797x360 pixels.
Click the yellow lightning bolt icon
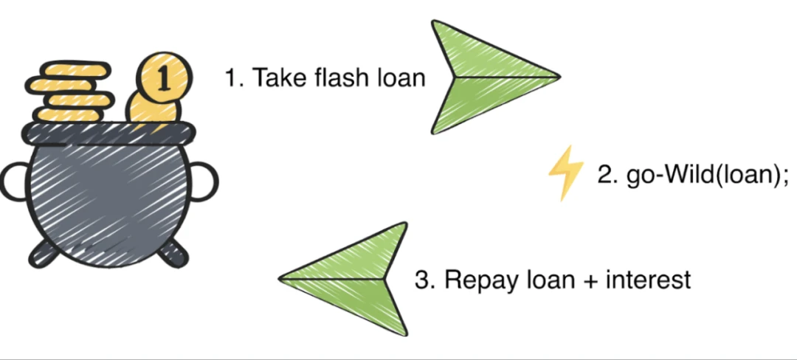click(x=565, y=172)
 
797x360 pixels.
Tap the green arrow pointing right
click(x=487, y=76)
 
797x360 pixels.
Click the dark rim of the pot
click(x=111, y=133)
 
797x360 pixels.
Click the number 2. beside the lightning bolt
click(x=607, y=177)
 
